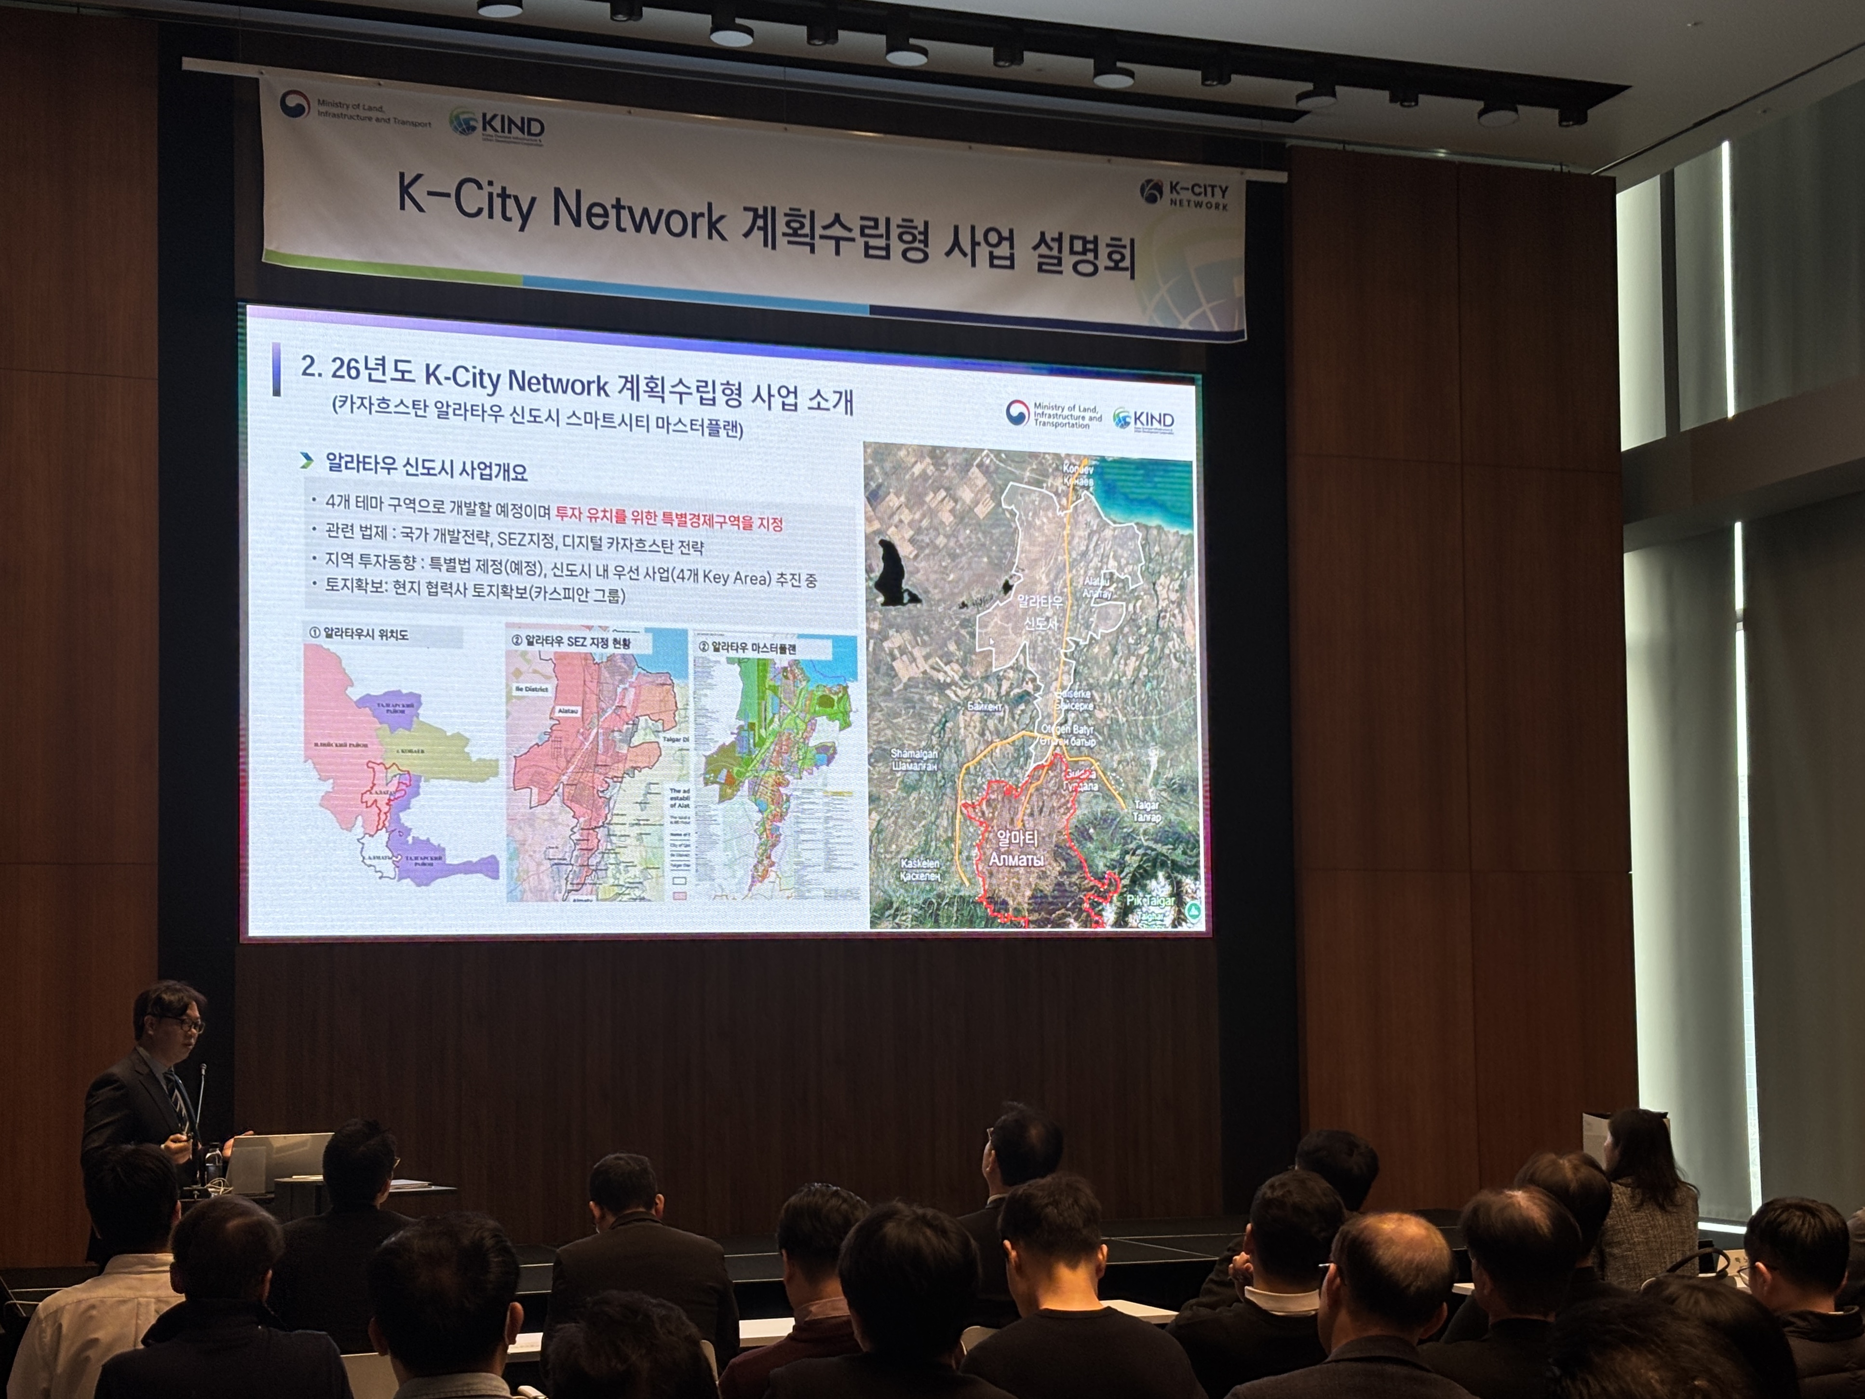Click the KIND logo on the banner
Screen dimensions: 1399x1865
pos(498,126)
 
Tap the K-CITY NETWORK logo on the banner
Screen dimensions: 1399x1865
pos(1185,193)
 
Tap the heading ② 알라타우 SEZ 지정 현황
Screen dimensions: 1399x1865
pos(571,641)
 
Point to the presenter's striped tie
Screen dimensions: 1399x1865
pos(179,1096)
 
